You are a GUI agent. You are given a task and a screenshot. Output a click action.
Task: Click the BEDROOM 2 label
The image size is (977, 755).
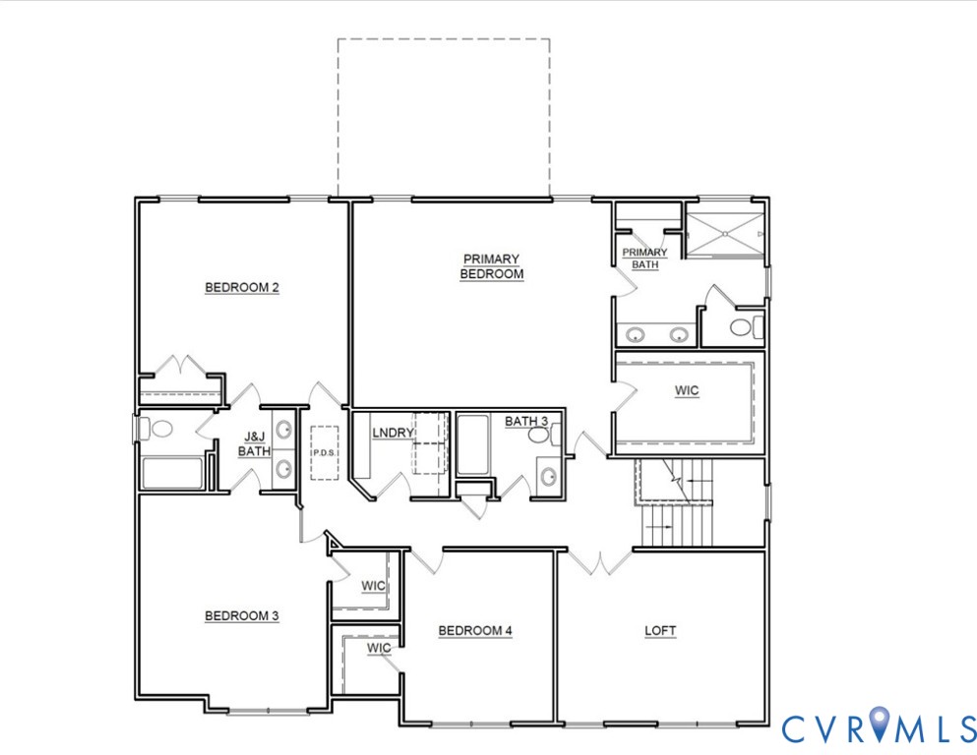click(x=242, y=288)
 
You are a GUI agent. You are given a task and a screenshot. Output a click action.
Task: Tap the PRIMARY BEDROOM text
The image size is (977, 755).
click(x=491, y=266)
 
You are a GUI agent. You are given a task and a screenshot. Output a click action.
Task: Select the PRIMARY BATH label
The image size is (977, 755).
click(x=644, y=258)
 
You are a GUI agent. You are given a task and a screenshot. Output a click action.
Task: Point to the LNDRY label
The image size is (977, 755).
click(x=393, y=433)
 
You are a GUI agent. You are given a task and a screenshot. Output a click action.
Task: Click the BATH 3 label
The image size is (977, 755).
click(x=525, y=422)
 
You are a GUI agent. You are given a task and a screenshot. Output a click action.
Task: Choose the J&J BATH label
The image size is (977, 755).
click(x=254, y=444)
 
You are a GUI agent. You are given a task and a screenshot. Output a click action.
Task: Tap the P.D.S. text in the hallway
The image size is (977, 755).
click(x=324, y=454)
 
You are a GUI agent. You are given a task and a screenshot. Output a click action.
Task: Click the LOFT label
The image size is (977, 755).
click(x=660, y=631)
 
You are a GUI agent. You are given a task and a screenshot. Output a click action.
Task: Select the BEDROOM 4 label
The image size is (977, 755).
click(x=475, y=631)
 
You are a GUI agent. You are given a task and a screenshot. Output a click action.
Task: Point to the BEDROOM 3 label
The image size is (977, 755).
click(x=242, y=616)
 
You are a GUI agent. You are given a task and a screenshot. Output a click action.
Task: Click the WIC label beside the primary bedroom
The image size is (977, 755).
click(x=687, y=391)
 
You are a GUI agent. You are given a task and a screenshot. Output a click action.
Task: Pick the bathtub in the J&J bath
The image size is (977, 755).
click(x=172, y=473)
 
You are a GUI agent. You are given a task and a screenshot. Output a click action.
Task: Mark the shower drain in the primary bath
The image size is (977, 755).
click(x=725, y=234)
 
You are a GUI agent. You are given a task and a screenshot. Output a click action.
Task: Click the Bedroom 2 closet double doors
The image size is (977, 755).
click(x=180, y=365)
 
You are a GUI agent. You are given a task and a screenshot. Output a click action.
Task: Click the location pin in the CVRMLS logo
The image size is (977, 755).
click(x=880, y=726)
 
